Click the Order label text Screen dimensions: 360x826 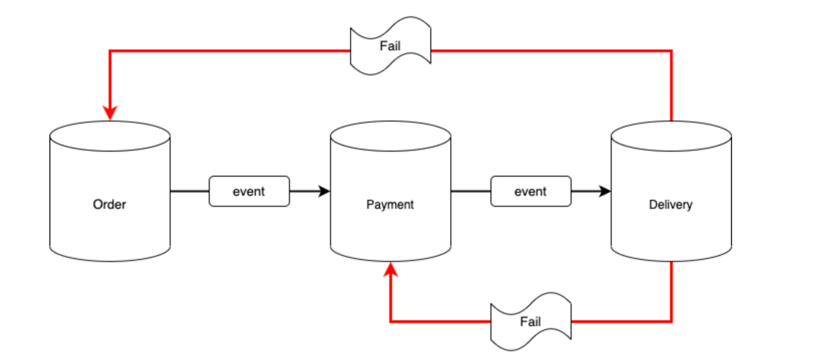point(109,204)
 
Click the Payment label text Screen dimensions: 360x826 point(390,204)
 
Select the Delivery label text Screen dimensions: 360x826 point(671,204)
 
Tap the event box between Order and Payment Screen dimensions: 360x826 point(249,191)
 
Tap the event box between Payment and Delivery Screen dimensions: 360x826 point(531,191)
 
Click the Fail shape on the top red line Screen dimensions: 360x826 point(390,46)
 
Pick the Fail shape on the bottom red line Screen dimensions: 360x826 point(531,322)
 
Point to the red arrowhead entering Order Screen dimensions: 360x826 point(110,113)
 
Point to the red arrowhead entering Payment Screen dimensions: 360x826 point(391,270)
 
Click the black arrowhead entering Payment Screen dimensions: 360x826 point(324,191)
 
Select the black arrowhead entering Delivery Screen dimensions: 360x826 point(604,191)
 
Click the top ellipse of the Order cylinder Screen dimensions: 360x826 point(110,136)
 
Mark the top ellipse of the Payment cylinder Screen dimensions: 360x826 point(390,136)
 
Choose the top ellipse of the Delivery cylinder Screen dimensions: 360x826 point(671,136)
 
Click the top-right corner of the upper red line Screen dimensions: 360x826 point(671,51)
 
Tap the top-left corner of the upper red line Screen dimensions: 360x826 point(110,51)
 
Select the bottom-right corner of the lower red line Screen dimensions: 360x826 point(671,322)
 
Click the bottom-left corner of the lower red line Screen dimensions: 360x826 point(391,322)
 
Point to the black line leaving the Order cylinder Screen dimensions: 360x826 point(189,191)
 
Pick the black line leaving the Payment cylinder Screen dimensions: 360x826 point(471,191)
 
